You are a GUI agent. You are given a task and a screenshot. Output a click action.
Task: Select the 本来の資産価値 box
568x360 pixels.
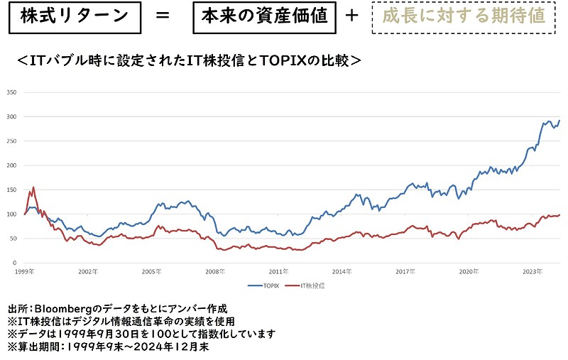click(x=263, y=16)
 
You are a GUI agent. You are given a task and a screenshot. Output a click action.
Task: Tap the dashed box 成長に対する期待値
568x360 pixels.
click(x=464, y=16)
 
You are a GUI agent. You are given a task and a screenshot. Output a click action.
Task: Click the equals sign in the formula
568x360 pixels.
click(x=162, y=16)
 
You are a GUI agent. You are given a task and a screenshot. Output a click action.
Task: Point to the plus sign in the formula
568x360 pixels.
click(x=353, y=16)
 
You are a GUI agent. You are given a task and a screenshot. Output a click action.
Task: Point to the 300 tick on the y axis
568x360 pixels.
click(x=12, y=116)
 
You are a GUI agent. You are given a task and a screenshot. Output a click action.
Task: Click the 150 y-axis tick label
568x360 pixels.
click(x=12, y=190)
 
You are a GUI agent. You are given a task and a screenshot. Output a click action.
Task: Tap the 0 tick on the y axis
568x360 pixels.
click(x=16, y=263)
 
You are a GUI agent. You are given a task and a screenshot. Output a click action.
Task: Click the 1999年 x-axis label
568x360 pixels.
click(x=26, y=271)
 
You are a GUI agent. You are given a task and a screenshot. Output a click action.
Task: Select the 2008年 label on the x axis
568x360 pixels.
click(x=216, y=271)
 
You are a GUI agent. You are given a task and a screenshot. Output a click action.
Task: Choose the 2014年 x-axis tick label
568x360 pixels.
click(x=342, y=271)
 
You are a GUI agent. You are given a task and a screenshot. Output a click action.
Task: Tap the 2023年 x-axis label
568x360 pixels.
click(x=532, y=271)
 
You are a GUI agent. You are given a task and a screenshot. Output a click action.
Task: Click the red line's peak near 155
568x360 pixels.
click(x=33, y=187)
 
